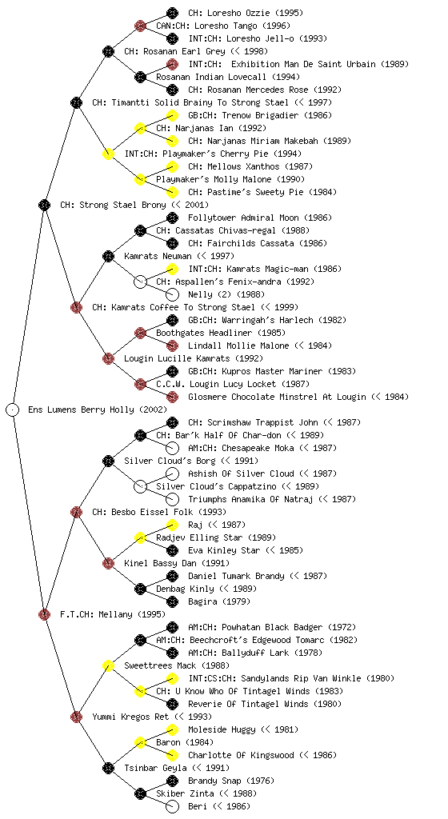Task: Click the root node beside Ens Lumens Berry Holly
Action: [13, 409]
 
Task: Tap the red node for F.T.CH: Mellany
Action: [44, 614]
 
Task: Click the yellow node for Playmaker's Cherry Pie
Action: [108, 154]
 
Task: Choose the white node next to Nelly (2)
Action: [172, 294]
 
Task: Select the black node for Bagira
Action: [172, 601]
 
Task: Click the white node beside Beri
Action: [172, 806]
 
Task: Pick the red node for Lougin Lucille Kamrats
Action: [108, 358]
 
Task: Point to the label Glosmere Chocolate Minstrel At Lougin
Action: [278, 397]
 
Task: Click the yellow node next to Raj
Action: [172, 525]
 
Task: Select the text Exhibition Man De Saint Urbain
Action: [303, 64]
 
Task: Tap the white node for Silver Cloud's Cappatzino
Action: [140, 486]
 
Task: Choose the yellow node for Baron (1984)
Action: [140, 742]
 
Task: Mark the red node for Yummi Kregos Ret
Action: [76, 717]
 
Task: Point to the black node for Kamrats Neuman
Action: [108, 256]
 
